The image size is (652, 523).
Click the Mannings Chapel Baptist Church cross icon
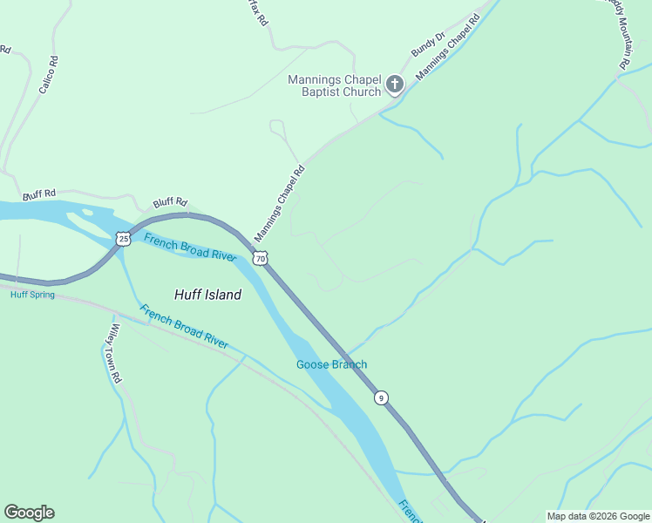pyautogui.click(x=395, y=85)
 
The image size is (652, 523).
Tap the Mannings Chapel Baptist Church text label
pyautogui.click(x=335, y=85)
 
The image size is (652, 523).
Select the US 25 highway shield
pyautogui.click(x=123, y=238)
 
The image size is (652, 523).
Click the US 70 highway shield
pyautogui.click(x=261, y=258)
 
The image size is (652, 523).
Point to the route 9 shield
pyautogui.click(x=381, y=397)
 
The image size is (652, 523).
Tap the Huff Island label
pyautogui.click(x=207, y=295)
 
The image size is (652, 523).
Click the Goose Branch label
pyautogui.click(x=331, y=364)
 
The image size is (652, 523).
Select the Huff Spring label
pyautogui.click(x=32, y=295)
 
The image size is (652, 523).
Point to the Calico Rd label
pyautogui.click(x=46, y=75)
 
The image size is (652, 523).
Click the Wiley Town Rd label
pyautogui.click(x=113, y=355)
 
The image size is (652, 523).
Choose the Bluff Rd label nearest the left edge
pyautogui.click(x=39, y=193)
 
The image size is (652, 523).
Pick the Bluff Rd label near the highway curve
pyautogui.click(x=170, y=202)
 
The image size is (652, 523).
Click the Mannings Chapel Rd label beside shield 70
pyautogui.click(x=279, y=204)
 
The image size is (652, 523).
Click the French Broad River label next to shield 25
pyautogui.click(x=190, y=247)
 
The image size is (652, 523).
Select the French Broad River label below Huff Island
pyautogui.click(x=184, y=327)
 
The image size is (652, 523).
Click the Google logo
pyautogui.click(x=29, y=513)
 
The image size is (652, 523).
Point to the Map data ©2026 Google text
pyautogui.click(x=598, y=516)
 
